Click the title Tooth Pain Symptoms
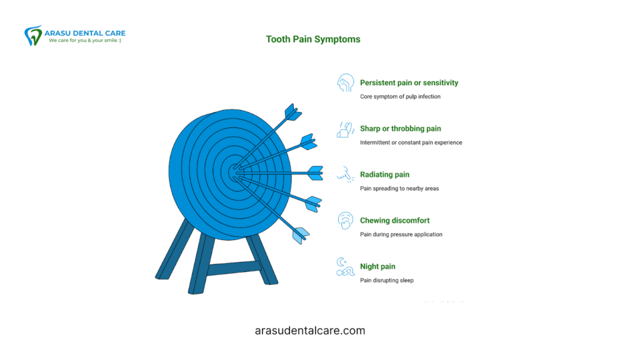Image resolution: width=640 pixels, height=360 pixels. (313, 39)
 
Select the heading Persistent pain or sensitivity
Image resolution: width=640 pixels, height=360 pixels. (409, 82)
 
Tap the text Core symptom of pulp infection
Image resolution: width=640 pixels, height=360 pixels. (400, 97)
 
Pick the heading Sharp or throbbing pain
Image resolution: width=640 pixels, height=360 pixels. (400, 129)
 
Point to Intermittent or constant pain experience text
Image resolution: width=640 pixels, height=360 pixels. (411, 142)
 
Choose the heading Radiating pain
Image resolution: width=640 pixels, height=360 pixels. (384, 174)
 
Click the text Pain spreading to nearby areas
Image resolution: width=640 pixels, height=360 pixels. (399, 188)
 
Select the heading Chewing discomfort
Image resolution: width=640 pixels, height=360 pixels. (394, 221)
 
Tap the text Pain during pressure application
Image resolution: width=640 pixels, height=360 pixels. (401, 234)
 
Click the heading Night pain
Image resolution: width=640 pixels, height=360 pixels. (377, 267)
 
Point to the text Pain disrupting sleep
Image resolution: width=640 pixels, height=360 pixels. (386, 281)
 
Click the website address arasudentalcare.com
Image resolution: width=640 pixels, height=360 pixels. (311, 331)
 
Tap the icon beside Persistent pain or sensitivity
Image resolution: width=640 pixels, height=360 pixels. (345, 84)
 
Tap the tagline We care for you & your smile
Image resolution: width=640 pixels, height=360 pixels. (86, 41)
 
